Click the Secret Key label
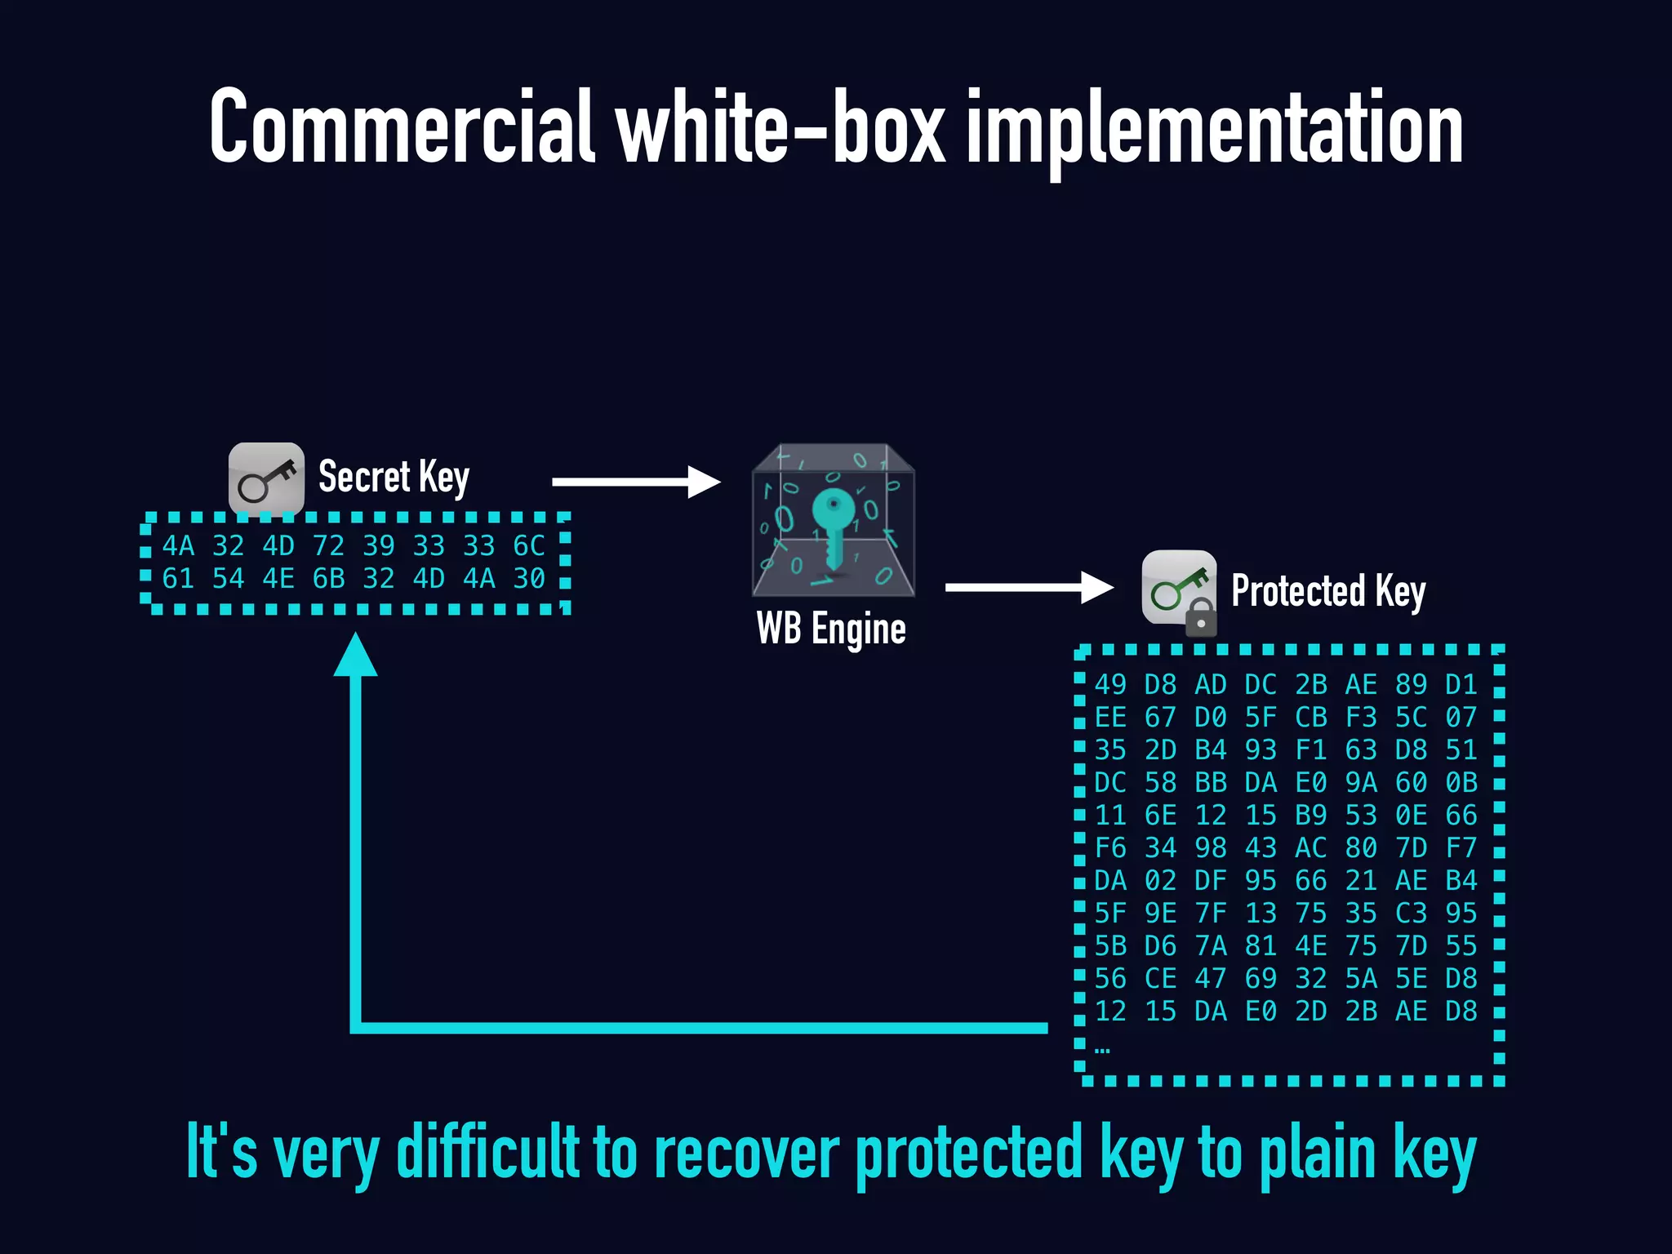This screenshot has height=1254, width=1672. pyautogui.click(x=394, y=477)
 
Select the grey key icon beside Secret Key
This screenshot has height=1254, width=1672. pyautogui.click(x=266, y=479)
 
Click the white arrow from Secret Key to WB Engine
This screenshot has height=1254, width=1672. pyautogui.click(x=636, y=482)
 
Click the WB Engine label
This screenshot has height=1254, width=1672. pyautogui.click(x=831, y=629)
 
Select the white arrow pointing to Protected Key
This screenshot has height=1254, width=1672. pyautogui.click(x=1029, y=587)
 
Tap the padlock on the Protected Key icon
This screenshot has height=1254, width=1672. pyautogui.click(x=1201, y=618)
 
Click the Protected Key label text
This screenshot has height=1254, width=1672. pyautogui.click(x=1328, y=591)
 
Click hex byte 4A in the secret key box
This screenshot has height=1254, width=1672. pyautogui.click(x=178, y=545)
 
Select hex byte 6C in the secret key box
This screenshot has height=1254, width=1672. pyautogui.click(x=529, y=545)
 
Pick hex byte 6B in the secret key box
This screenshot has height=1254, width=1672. pyautogui.click(x=328, y=579)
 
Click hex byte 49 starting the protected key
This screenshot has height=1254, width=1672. pyautogui.click(x=1110, y=684)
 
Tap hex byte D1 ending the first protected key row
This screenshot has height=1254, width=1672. pyautogui.click(x=1461, y=684)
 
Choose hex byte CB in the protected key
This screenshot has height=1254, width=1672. pyautogui.click(x=1311, y=717)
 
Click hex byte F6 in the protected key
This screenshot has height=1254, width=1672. pyautogui.click(x=1110, y=847)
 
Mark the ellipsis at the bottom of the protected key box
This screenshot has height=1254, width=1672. pyautogui.click(x=1102, y=1050)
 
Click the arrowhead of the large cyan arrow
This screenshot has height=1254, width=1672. pyautogui.click(x=356, y=656)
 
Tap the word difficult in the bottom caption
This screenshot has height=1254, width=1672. pyautogui.click(x=487, y=1152)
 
